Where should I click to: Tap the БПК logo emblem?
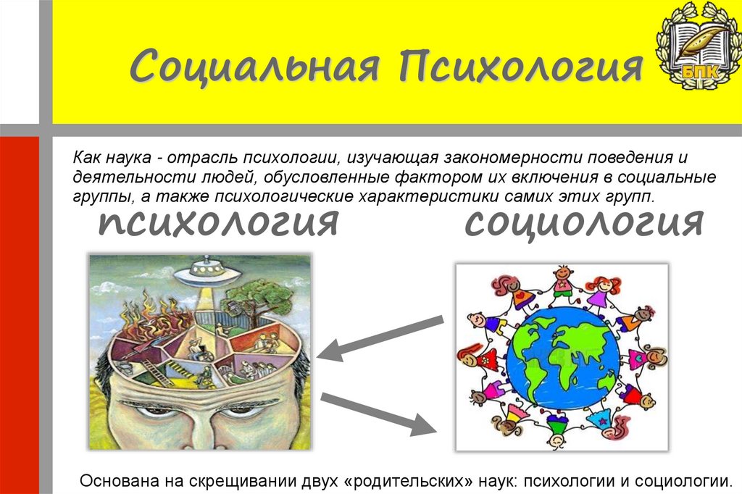tap(696, 43)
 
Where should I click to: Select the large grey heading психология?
tap(218, 222)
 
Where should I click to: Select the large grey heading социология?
tap(583, 222)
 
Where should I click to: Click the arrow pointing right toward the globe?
tap(377, 413)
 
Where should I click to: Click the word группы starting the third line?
tap(92, 196)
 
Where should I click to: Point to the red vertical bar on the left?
tap(18, 311)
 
